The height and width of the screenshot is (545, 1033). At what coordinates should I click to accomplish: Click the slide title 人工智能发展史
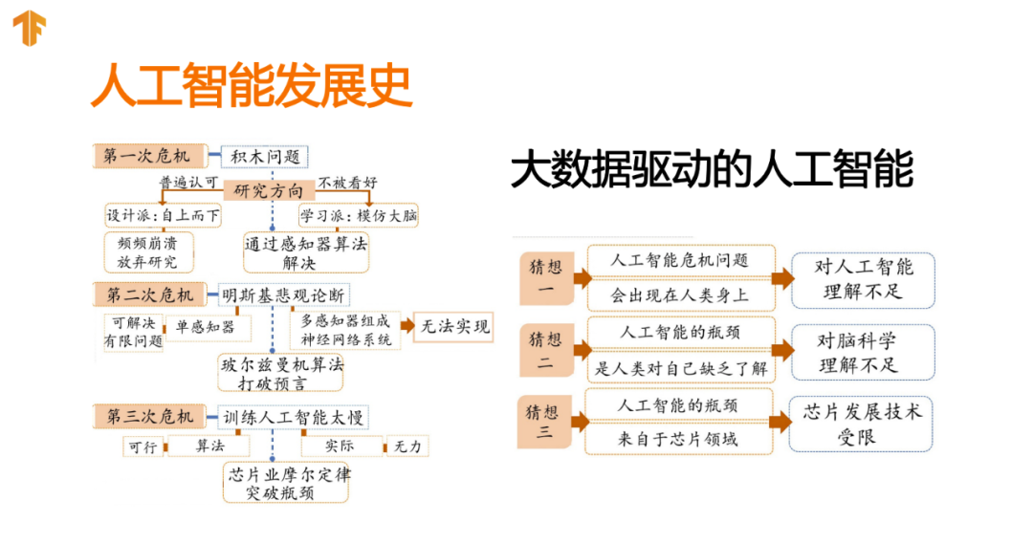(251, 85)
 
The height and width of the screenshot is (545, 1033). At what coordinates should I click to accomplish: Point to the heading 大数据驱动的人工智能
(712, 169)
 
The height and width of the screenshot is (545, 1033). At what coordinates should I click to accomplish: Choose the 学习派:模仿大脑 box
(359, 215)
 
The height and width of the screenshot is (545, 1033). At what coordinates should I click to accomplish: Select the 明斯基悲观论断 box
(283, 294)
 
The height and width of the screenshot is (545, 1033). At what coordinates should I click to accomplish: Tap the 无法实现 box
(453, 327)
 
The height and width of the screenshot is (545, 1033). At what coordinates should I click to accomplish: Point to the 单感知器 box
(205, 327)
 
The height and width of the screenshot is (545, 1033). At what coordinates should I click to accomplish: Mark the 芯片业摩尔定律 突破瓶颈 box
(287, 483)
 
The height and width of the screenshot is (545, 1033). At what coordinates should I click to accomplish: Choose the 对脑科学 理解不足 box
(863, 352)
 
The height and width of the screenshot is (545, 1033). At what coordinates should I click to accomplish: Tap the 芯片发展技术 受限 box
(862, 424)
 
